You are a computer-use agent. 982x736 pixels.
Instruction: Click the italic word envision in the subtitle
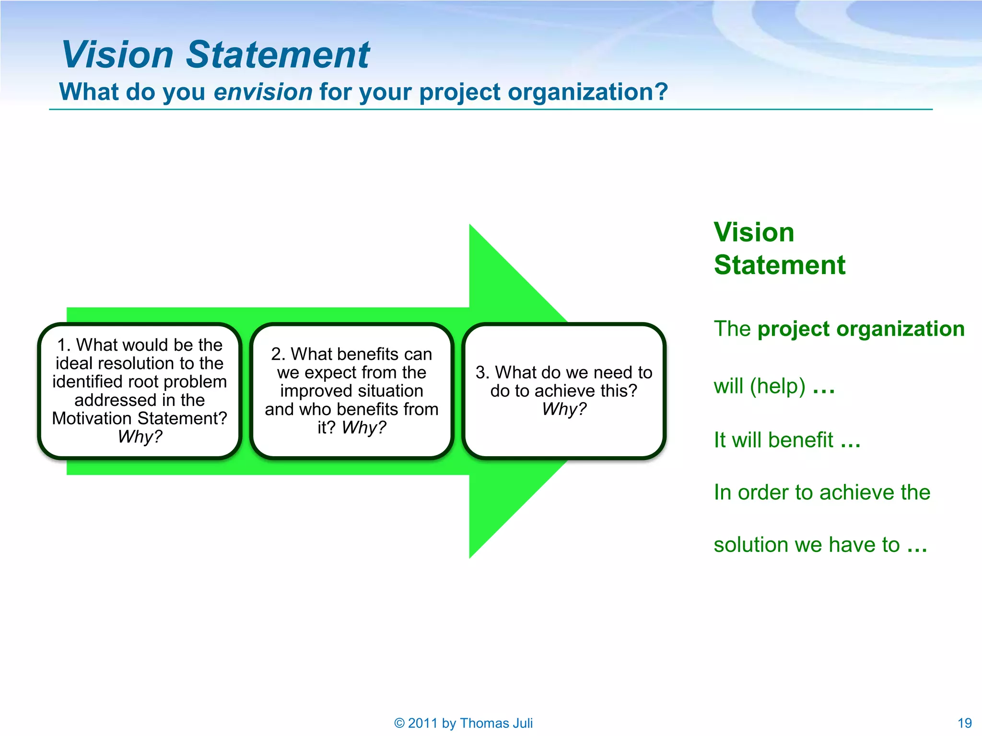pyautogui.click(x=263, y=92)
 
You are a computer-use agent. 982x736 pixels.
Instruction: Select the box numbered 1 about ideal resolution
pyautogui.click(x=139, y=391)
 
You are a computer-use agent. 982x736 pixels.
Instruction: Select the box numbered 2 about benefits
pyautogui.click(x=351, y=391)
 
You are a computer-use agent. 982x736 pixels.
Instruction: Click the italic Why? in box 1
pyautogui.click(x=140, y=437)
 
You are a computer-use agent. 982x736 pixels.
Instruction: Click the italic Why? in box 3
pyautogui.click(x=564, y=409)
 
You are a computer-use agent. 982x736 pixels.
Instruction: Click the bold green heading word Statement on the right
pyautogui.click(x=779, y=265)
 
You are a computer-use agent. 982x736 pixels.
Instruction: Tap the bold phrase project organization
pyautogui.click(x=861, y=329)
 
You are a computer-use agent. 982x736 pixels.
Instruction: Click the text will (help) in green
pyautogui.click(x=759, y=386)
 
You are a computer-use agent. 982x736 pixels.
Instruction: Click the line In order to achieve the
pyautogui.click(x=821, y=493)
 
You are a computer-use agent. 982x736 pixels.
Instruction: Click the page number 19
pyautogui.click(x=964, y=723)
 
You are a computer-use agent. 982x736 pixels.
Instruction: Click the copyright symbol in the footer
pyautogui.click(x=399, y=723)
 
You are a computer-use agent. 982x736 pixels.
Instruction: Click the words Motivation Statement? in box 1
pyautogui.click(x=139, y=418)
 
